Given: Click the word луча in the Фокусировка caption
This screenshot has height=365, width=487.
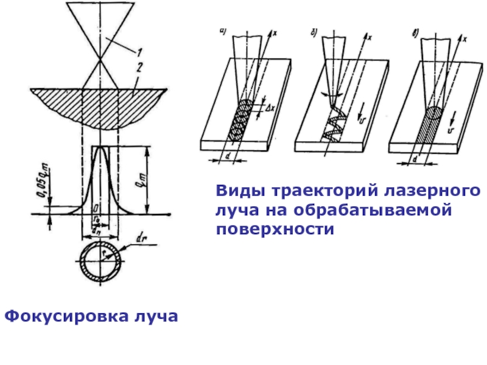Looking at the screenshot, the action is [x=158, y=318].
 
